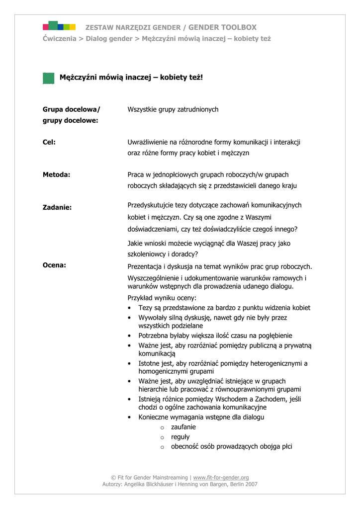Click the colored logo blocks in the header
(x=59, y=26)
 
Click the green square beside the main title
(x=48, y=78)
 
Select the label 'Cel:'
(x=49, y=142)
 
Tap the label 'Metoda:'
(x=56, y=174)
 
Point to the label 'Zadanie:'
(x=57, y=207)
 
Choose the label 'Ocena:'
(x=54, y=265)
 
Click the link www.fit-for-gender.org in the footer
(x=221, y=477)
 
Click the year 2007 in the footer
(x=251, y=484)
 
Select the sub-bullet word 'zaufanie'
(x=183, y=427)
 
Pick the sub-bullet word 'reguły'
(x=180, y=437)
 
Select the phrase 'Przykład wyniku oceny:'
(x=162, y=298)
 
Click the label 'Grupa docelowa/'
(x=71, y=109)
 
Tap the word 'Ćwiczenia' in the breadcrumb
(x=59, y=38)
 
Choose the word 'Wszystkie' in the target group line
(x=142, y=109)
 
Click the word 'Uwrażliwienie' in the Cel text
(x=148, y=142)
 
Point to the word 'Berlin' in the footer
(x=233, y=484)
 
